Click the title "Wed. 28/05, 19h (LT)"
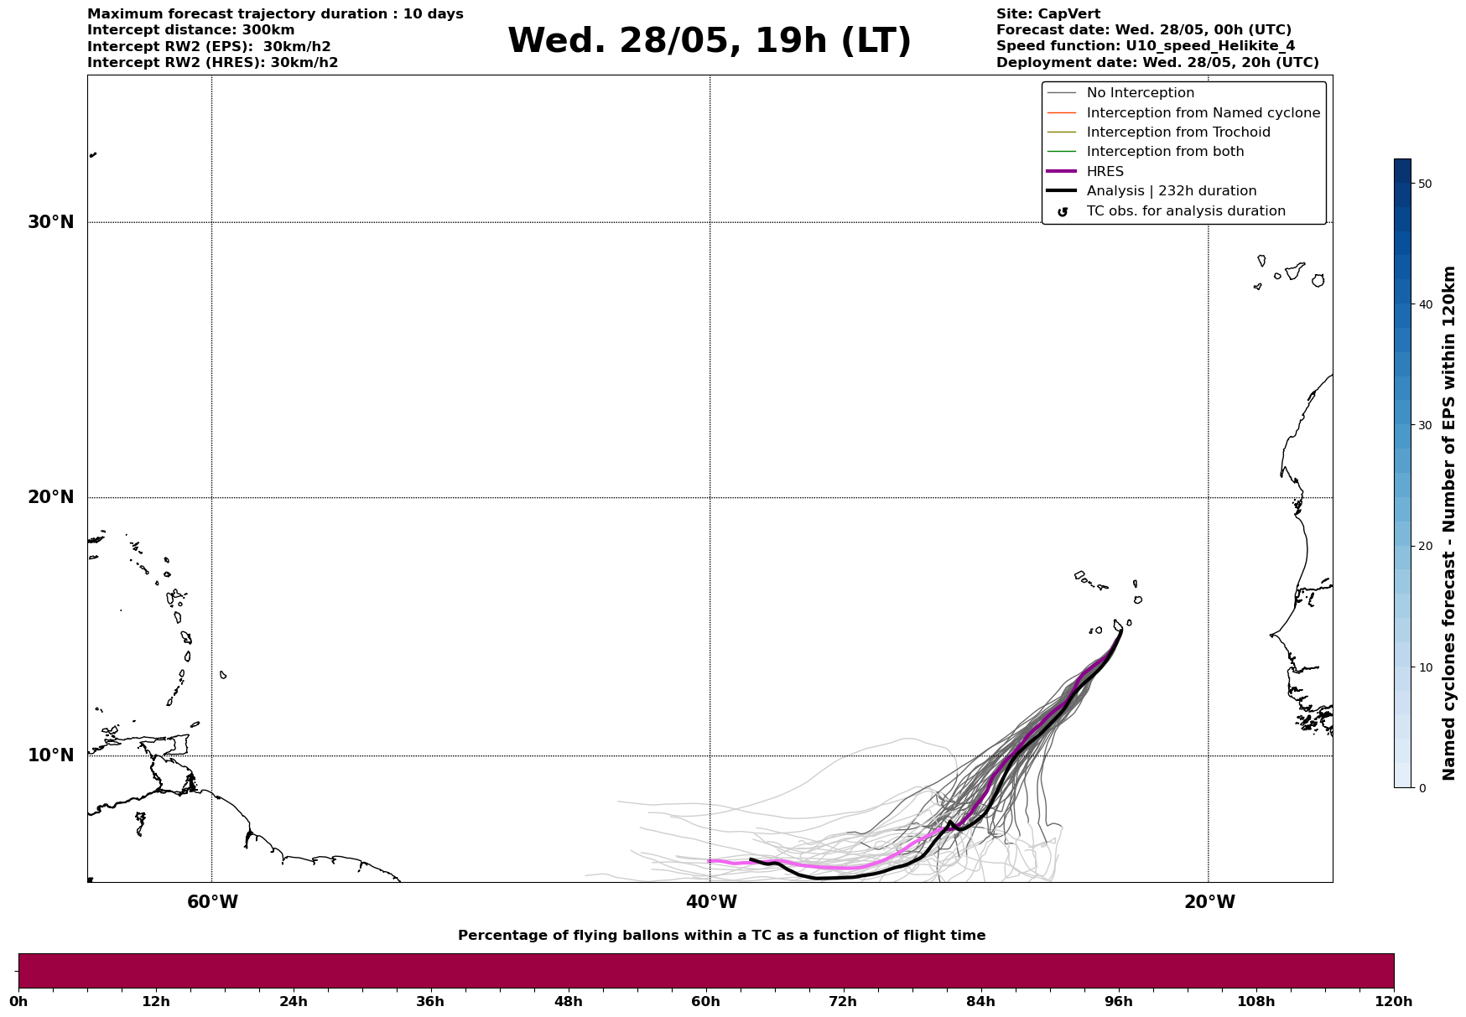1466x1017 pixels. click(709, 41)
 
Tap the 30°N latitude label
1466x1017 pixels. click(50, 222)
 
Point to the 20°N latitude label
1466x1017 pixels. click(50, 497)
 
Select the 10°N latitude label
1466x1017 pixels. click(50, 755)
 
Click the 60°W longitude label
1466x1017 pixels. click(212, 902)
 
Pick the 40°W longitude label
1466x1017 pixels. click(711, 902)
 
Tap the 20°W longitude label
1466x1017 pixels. click(1209, 902)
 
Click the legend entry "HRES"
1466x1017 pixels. click(1105, 172)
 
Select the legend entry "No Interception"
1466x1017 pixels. click(1140, 93)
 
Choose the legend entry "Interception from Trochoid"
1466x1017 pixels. click(1177, 132)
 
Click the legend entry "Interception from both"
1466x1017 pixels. click(1165, 152)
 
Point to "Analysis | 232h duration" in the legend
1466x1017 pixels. click(1171, 191)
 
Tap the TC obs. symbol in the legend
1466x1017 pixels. click(1063, 212)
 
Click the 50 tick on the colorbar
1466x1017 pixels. click(1424, 184)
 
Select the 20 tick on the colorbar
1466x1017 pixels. click(1424, 547)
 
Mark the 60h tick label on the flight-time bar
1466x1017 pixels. click(706, 1002)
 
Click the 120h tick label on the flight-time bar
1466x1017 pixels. click(1393, 1002)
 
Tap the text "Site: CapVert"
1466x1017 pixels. click(1048, 14)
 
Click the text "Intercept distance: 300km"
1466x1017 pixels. click(190, 30)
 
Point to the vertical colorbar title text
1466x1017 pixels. click(1448, 523)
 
